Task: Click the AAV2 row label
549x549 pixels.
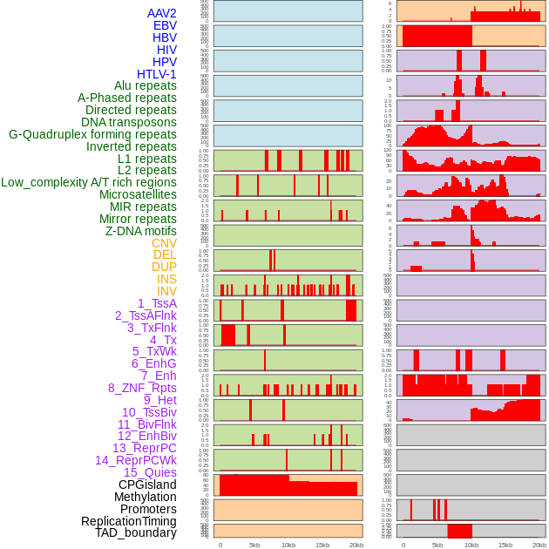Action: pyautogui.click(x=162, y=13)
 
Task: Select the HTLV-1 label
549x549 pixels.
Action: pyautogui.click(x=157, y=74)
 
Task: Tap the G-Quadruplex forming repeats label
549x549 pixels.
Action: pyautogui.click(x=92, y=134)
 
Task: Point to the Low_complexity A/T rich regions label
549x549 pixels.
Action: pyautogui.click(x=89, y=182)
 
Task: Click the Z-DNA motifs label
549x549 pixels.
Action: pyautogui.click(x=141, y=231)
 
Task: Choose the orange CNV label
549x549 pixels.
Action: pyautogui.click(x=164, y=243)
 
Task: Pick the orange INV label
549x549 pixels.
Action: pyautogui.click(x=166, y=291)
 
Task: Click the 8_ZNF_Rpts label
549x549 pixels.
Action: pyautogui.click(x=142, y=388)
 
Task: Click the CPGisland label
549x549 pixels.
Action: pyautogui.click(x=147, y=485)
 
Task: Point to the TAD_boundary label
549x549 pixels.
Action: pyautogui.click(x=136, y=532)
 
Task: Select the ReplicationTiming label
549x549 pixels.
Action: pyautogui.click(x=129, y=521)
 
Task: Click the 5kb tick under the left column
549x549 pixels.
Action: pyautogui.click(x=254, y=545)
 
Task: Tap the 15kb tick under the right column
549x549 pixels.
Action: pyautogui.click(x=505, y=545)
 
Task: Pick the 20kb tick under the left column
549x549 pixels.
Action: pyautogui.click(x=356, y=545)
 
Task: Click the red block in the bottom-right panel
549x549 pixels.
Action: pyautogui.click(x=459, y=531)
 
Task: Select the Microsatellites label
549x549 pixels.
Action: pyautogui.click(x=138, y=194)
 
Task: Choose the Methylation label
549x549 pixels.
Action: pyautogui.click(x=140, y=497)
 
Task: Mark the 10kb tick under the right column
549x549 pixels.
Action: pyautogui.click(x=471, y=545)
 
